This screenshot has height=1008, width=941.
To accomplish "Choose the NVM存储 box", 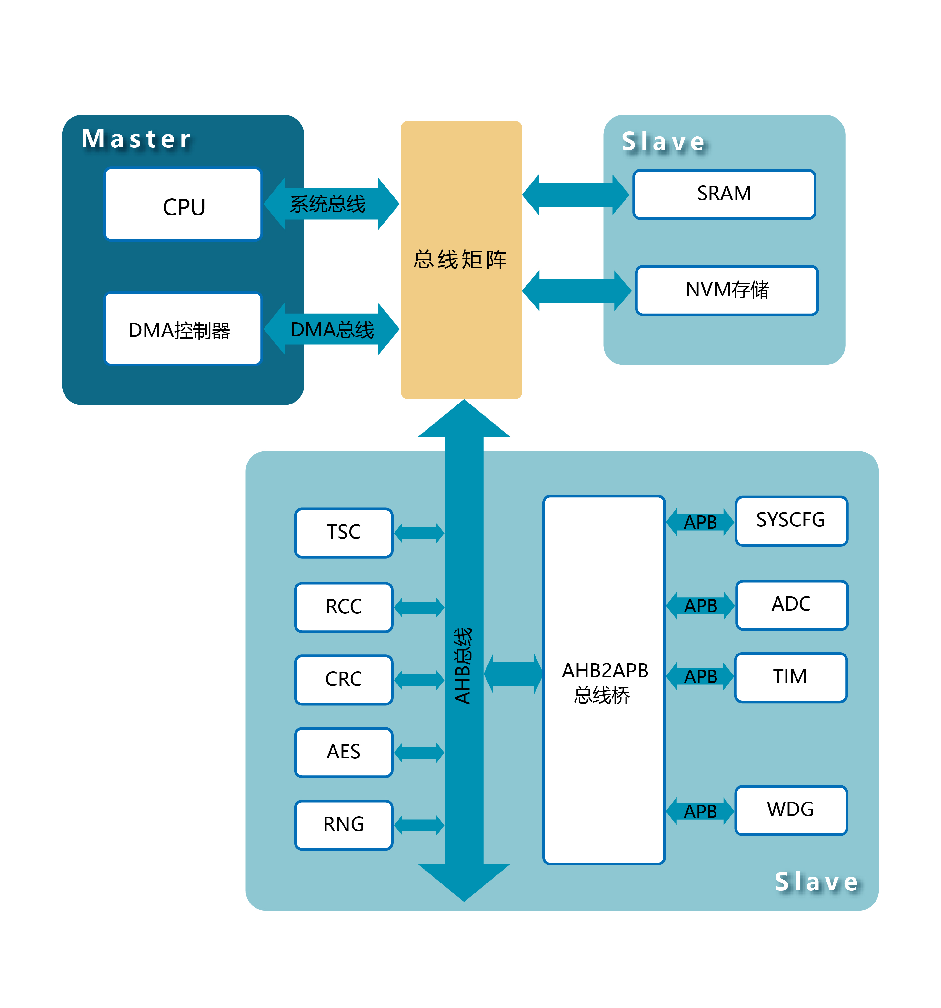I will (726, 290).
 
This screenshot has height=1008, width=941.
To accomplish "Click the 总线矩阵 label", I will (460, 260).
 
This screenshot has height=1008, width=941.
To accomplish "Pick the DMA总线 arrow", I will (332, 329).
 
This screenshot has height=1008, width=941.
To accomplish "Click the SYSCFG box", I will (791, 521).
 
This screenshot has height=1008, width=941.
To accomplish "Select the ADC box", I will (791, 605).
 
